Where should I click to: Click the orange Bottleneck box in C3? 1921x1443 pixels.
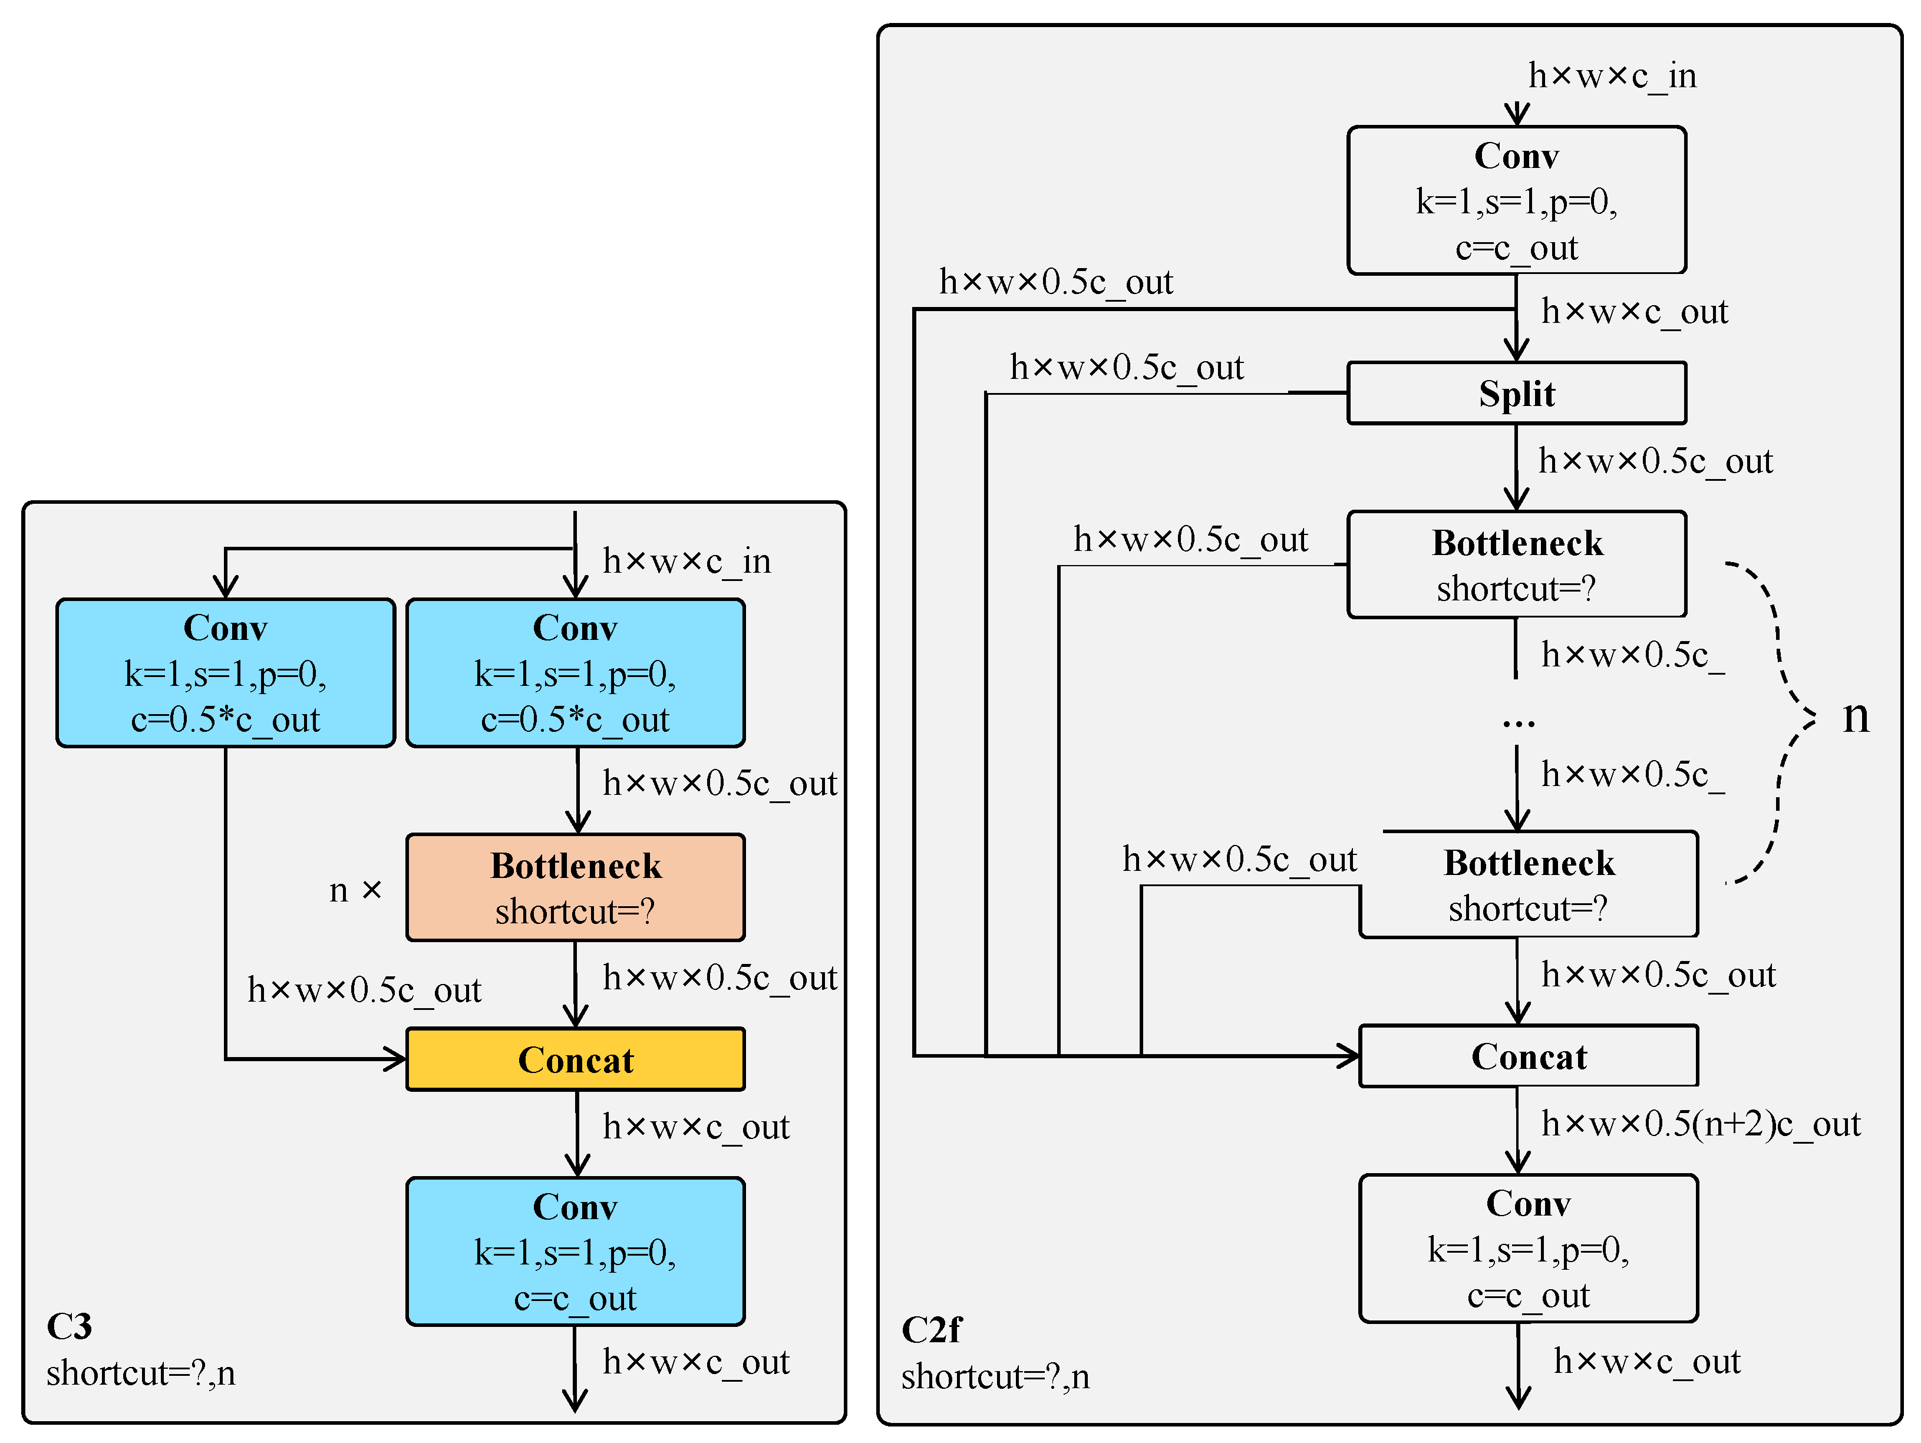pos(575,887)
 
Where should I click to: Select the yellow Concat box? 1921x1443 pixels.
pos(575,1059)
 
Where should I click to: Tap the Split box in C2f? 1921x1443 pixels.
pos(1516,394)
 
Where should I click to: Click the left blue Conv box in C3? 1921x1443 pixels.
pos(225,673)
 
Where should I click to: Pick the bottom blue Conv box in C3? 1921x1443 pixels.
pos(575,1251)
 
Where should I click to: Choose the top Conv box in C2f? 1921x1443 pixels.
pos(1516,200)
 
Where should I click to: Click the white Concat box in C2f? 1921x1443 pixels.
pos(1529,1056)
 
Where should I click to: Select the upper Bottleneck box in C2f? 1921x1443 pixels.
pos(1516,564)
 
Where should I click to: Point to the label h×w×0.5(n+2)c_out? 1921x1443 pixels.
pos(1701,1124)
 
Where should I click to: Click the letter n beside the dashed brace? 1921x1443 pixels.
pos(1856,717)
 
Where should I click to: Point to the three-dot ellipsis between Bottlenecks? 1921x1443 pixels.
pos(1518,721)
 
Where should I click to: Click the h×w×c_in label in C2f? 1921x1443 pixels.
pos(1612,77)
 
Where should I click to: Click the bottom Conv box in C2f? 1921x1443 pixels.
pos(1529,1249)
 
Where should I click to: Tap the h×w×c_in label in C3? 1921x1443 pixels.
pos(686,562)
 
